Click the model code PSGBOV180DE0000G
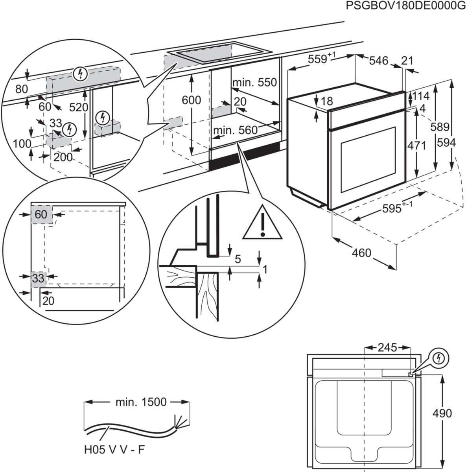point(403,6)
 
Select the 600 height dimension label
point(191,100)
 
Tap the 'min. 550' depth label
point(254,82)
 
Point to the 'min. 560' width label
point(235,130)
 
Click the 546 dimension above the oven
point(378,61)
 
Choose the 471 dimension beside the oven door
point(416,145)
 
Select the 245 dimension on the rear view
point(387,347)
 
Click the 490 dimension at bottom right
point(442,413)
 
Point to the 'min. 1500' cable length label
point(141,402)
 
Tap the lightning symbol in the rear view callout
point(439,358)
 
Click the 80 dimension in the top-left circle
point(22,89)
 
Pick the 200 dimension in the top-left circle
point(63,157)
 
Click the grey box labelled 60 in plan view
point(41,214)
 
